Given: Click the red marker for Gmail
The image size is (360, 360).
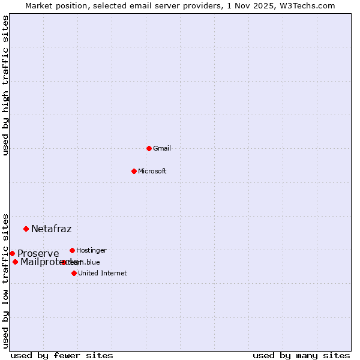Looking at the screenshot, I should (149, 148).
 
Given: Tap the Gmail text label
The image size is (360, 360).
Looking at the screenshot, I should (162, 148).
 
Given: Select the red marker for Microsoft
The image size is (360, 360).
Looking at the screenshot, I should (134, 171).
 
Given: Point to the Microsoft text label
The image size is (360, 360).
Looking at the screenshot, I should (152, 171).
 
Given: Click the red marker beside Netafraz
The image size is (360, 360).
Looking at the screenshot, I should (26, 229).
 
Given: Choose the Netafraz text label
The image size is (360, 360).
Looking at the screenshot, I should (52, 229).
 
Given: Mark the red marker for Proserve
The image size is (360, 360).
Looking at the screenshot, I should (12, 253).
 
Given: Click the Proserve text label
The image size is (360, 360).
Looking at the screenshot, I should (38, 253).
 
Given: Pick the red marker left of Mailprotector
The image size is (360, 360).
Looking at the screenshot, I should (15, 262).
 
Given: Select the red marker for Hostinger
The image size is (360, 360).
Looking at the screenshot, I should (72, 250).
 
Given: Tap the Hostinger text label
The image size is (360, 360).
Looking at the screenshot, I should (92, 250).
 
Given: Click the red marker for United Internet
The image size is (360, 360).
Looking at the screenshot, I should (74, 273).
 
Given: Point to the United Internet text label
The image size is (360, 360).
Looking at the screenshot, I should (103, 273).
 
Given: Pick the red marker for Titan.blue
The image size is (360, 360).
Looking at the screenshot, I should (64, 262).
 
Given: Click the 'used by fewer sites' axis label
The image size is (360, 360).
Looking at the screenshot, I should (62, 355).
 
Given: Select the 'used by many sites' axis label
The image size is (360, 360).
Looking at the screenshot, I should (301, 355).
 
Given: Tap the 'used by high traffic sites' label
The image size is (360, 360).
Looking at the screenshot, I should (6, 85).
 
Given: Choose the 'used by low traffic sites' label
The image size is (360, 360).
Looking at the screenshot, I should (6, 280).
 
